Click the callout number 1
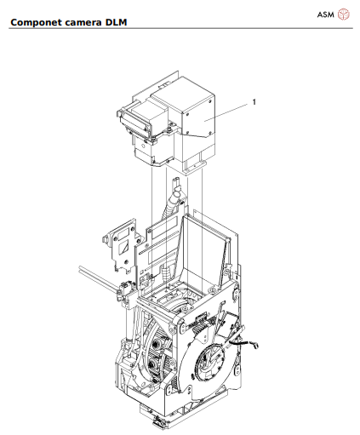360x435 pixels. coord(253,102)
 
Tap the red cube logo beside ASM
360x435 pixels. coord(344,14)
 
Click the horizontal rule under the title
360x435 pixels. coord(180,29)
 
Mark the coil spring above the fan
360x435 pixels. coord(200,321)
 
